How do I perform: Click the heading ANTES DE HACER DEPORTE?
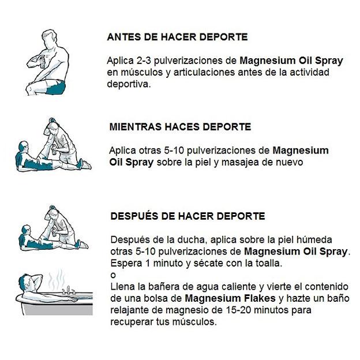[177, 37]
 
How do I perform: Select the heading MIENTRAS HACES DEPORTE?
[180, 126]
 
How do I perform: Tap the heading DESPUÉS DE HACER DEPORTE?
[187, 216]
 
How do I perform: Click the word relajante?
[129, 310]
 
